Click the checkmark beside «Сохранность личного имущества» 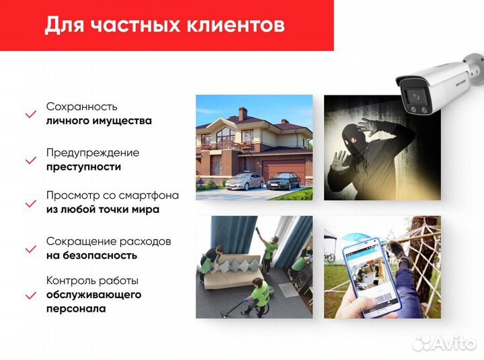click(30, 114)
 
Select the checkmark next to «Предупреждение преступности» click(30, 161)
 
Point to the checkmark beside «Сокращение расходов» click(30, 249)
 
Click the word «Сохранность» click(81, 107)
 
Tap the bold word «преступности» click(84, 167)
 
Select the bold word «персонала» click(76, 309)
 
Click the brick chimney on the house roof click(243, 114)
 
